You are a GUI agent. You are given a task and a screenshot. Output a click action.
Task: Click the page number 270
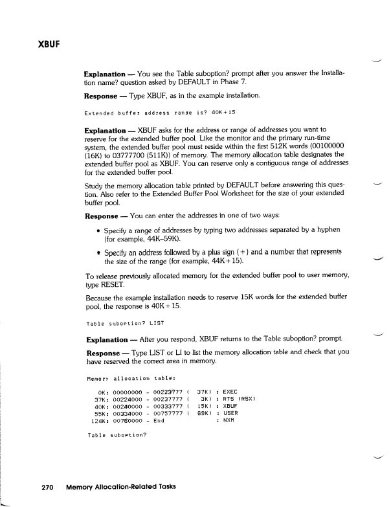[x=47, y=486]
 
